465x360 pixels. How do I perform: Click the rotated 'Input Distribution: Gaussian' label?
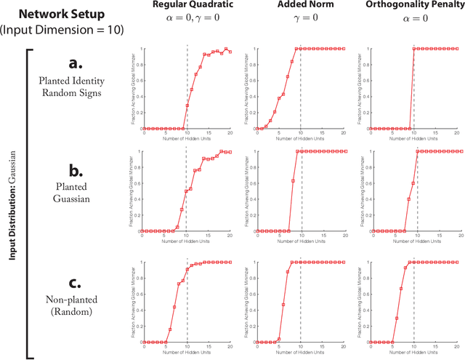13,204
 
